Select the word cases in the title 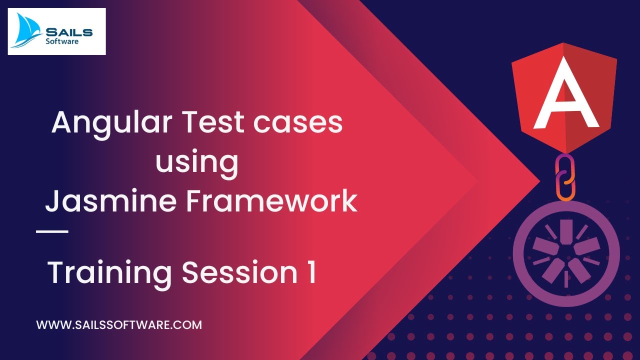[298, 123]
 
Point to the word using [196, 162]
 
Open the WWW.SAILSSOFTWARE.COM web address [119, 325]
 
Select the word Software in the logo [62, 41]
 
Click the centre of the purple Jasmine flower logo [566, 253]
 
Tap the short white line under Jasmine [52, 231]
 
